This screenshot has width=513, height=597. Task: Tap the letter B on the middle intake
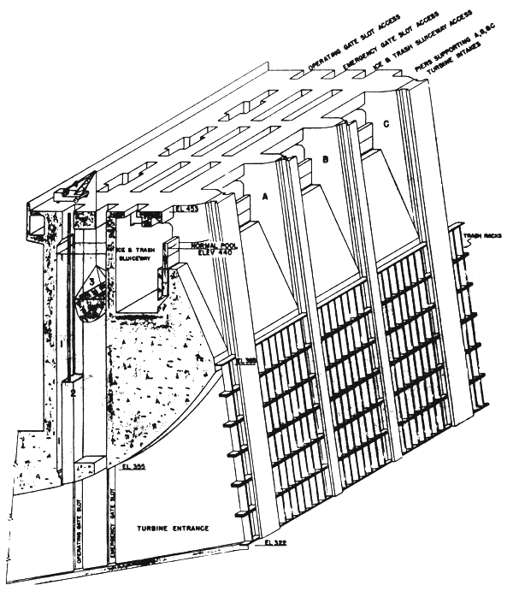324,160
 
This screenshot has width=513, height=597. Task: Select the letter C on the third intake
386,125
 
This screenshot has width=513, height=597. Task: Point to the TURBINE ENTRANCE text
174,529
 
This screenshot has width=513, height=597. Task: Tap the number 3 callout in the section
91,280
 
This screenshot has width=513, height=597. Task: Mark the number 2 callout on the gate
74,391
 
